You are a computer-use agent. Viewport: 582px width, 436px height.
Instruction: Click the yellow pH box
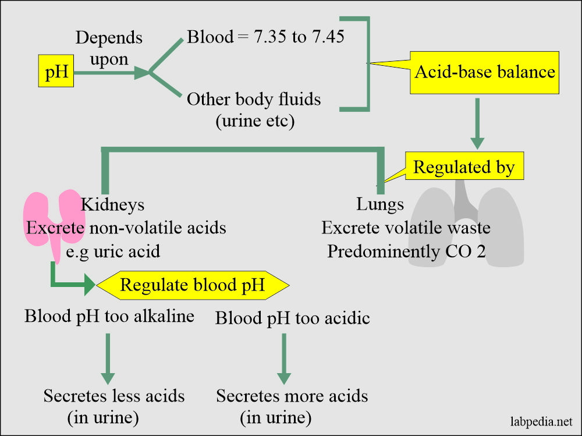pyautogui.click(x=56, y=70)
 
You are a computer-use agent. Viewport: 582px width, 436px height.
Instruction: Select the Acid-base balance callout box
pyautogui.click(x=484, y=72)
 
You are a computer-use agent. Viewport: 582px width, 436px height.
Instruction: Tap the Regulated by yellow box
pyautogui.click(x=464, y=166)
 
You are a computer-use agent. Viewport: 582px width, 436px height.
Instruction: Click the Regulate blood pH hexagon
pyautogui.click(x=193, y=285)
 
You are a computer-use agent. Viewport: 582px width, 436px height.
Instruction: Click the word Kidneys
pyautogui.click(x=112, y=205)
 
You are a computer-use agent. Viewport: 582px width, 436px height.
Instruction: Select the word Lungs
pyautogui.click(x=380, y=205)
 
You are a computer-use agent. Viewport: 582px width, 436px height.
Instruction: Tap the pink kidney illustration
pyautogui.click(x=54, y=219)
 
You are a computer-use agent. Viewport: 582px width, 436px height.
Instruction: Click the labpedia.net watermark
pyautogui.click(x=541, y=422)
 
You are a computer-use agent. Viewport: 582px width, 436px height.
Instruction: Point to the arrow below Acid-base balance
pyautogui.click(x=477, y=123)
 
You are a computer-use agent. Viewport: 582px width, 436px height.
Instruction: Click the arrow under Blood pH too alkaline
pyautogui.click(x=108, y=359)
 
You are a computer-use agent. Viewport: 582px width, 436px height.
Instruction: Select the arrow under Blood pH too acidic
pyautogui.click(x=284, y=359)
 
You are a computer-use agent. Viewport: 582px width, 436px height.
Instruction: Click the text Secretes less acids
pyautogui.click(x=114, y=396)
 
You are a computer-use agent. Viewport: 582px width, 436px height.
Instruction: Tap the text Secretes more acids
pyautogui.click(x=292, y=396)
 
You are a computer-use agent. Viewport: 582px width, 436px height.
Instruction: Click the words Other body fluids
pyautogui.click(x=254, y=100)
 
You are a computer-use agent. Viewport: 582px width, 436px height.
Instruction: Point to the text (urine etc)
pyautogui.click(x=255, y=121)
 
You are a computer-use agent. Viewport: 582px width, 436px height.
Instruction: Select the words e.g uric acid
pyautogui.click(x=113, y=252)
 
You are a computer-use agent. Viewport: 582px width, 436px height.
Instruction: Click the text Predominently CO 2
pyautogui.click(x=406, y=251)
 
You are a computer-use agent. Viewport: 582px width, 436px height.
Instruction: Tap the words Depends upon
pyautogui.click(x=109, y=49)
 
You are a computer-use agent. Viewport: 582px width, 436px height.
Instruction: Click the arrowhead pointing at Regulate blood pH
pyautogui.click(x=90, y=285)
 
